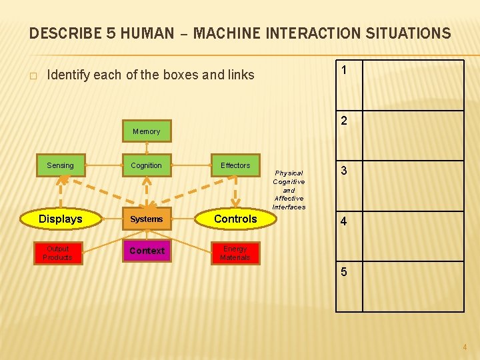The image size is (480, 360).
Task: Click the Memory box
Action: click(147, 131)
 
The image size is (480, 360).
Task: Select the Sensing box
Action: click(61, 165)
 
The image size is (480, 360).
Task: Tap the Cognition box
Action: click(147, 165)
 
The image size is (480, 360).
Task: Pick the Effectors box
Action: click(235, 165)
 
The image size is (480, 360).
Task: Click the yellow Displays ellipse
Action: click(61, 219)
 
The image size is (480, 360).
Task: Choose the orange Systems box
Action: click(147, 219)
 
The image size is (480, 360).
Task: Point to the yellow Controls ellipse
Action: click(235, 219)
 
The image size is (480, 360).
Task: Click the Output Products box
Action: click(58, 253)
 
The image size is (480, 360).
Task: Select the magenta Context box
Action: click(147, 251)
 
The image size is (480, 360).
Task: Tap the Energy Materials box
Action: click(235, 253)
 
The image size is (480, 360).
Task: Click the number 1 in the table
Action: click(343, 70)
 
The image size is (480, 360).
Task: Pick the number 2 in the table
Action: click(343, 121)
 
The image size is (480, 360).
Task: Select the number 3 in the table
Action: click(343, 171)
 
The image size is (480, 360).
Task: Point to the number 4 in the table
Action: click(343, 221)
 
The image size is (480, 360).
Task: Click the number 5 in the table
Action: click(343, 272)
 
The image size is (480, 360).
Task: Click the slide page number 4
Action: click(465, 347)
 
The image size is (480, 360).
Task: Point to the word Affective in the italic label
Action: click(289, 198)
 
